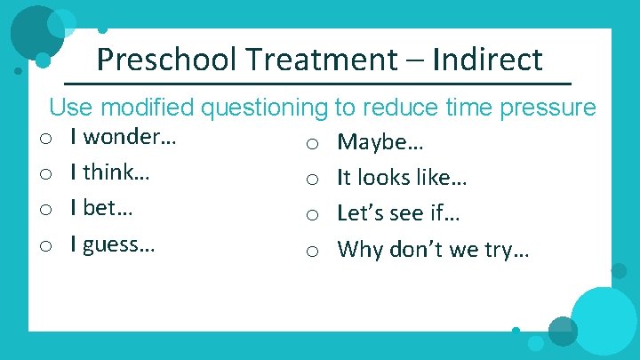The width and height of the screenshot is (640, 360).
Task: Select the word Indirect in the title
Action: (x=488, y=60)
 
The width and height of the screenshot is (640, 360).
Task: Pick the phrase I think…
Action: (x=115, y=172)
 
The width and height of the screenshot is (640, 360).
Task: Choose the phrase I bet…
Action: (x=108, y=208)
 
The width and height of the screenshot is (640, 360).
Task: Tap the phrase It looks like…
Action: (x=403, y=178)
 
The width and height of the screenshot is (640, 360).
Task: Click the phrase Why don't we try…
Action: (x=434, y=249)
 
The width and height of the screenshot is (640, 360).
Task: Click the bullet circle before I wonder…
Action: (x=44, y=139)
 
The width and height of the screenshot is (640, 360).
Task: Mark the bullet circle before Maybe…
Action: (x=312, y=144)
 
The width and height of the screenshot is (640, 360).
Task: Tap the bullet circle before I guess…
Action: (x=44, y=245)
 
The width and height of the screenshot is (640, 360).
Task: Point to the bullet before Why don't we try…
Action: (x=312, y=251)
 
